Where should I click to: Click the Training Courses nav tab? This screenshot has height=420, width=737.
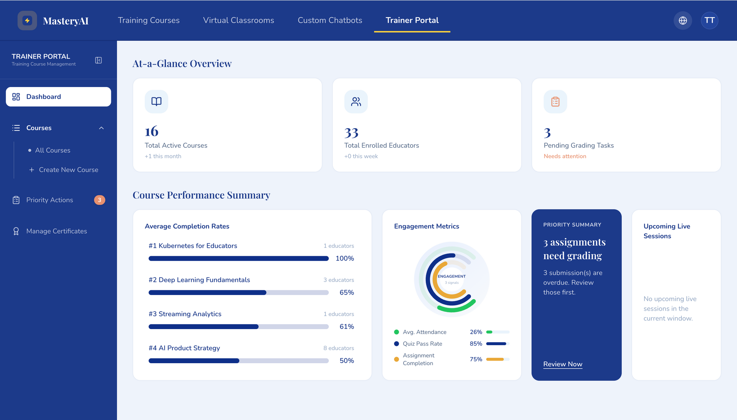(149, 20)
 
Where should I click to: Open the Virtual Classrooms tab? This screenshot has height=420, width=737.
(238, 20)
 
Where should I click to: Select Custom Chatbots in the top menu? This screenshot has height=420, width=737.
(330, 20)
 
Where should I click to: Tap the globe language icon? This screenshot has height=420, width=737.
(682, 20)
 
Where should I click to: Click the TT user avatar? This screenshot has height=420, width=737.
(709, 20)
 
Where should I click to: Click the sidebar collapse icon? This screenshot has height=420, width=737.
(98, 60)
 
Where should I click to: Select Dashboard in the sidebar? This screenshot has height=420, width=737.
(58, 97)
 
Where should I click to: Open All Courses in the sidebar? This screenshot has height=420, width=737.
(53, 150)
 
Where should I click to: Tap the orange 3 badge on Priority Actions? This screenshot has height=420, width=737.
(99, 200)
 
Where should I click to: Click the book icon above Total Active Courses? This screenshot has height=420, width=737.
(156, 102)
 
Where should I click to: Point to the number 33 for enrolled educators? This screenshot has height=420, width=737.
(351, 133)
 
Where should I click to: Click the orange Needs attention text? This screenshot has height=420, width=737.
(565, 156)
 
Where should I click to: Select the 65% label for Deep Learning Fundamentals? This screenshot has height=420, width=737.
(347, 292)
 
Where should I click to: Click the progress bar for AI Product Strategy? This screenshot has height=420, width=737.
(238, 361)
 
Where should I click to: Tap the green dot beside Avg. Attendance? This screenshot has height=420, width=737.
(397, 332)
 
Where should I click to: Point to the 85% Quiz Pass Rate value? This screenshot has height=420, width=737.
(476, 344)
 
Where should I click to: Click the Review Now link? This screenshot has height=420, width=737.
(563, 364)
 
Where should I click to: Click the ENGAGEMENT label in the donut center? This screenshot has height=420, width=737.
(452, 276)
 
